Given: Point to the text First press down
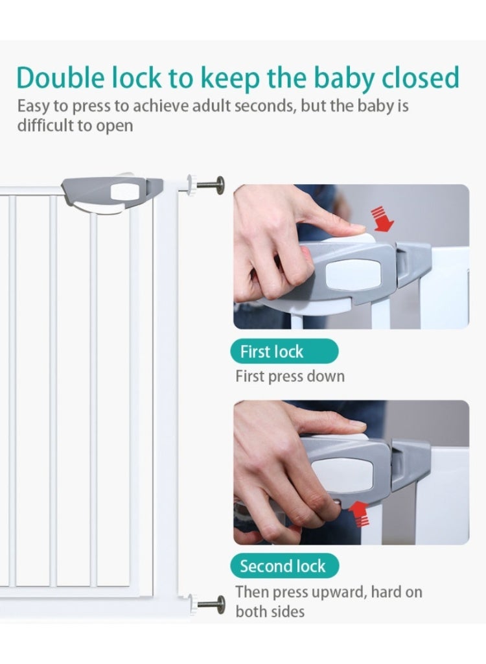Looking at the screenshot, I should (290, 376).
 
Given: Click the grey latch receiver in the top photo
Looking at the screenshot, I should (413, 263).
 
